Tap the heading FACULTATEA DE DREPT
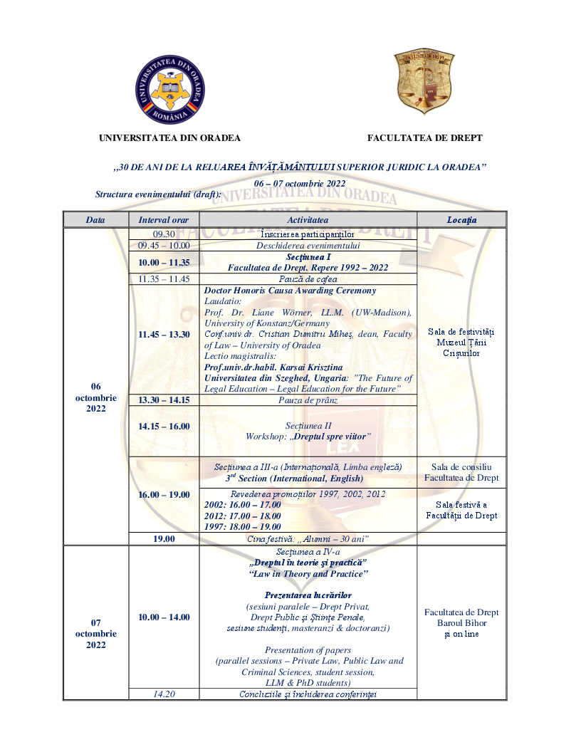424,138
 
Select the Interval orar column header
164,220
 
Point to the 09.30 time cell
164,234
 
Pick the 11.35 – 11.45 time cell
164,279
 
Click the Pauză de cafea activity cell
308,279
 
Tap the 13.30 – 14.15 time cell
164,400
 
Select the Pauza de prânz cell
308,400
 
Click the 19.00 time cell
164,539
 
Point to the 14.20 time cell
164,694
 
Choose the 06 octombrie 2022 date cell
95,397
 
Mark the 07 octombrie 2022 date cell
95,634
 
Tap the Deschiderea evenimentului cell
308,246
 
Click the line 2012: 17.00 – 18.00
243,516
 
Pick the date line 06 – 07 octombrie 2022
299,183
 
